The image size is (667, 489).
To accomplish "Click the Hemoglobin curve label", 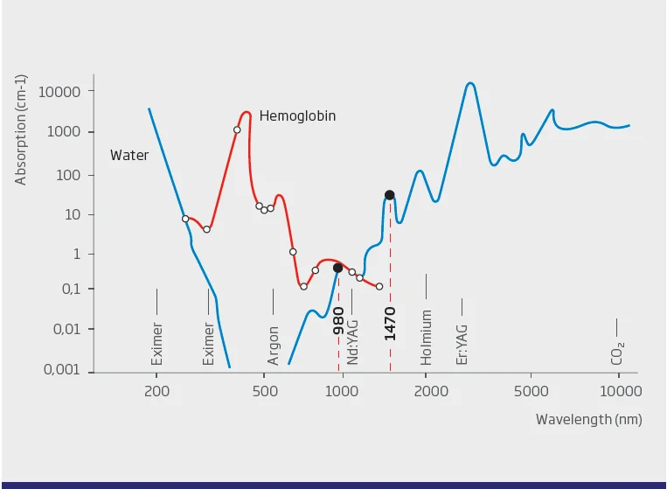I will [x=297, y=115].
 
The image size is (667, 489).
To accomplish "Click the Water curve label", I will [x=129, y=156].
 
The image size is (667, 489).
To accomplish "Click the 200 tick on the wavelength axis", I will [x=157, y=390].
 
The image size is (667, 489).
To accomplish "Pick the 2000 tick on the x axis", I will [x=427, y=390].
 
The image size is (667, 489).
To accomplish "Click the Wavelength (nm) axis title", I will [x=588, y=420].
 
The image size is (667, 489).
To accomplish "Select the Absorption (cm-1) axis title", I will [x=21, y=128].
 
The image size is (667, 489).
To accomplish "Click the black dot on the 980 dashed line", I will [x=337, y=268].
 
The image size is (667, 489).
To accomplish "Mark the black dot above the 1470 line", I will [x=390, y=195].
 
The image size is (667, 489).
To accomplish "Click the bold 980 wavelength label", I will [x=338, y=321].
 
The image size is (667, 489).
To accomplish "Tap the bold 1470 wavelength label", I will [x=390, y=324].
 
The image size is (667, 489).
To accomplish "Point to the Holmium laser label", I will [x=427, y=337].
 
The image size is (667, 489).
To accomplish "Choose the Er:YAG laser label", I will [x=462, y=342].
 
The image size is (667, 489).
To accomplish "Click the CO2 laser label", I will [x=618, y=353].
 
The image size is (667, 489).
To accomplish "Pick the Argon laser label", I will [x=274, y=346].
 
